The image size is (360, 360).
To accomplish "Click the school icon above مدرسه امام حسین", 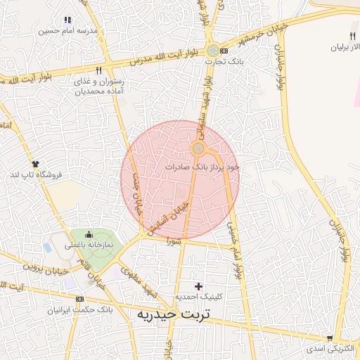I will click(67, 20).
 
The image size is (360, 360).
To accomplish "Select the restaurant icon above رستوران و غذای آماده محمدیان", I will click(98, 71).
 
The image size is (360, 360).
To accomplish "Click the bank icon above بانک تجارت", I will click(224, 51).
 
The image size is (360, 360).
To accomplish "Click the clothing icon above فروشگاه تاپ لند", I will click(35, 163).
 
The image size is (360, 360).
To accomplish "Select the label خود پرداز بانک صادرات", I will click(202, 167).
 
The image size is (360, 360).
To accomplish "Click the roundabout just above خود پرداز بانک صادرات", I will click(199, 148).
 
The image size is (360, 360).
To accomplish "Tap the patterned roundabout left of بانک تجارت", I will click(212, 51).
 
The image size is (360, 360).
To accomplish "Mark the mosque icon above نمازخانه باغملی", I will click(89, 235).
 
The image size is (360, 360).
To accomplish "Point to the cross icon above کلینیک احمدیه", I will click(199, 286).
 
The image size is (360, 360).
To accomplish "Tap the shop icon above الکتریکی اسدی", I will click(330, 337).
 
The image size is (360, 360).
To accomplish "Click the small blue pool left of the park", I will click(47, 248).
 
